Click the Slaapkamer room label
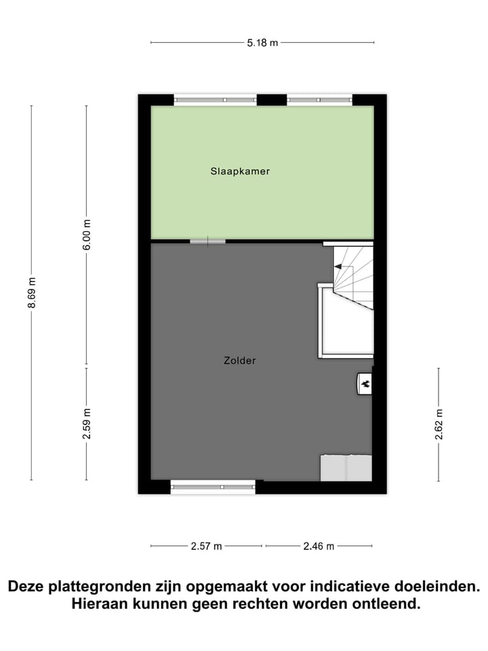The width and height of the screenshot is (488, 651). pos(240,172)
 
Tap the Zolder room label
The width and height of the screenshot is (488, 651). pos(240,361)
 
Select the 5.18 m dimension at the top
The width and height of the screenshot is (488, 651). pos(263,43)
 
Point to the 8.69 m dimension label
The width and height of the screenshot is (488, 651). pos(32,293)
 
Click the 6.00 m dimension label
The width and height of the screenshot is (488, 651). pos(87,233)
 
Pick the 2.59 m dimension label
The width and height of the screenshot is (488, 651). pos(87,424)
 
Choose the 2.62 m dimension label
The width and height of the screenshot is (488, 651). pos(439,425)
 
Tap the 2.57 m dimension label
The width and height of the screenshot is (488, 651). pos(206,546)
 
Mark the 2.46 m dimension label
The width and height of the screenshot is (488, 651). pos(319,546)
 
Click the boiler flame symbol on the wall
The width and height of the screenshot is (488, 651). pos(365,384)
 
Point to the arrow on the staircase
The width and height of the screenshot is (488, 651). pos(338,267)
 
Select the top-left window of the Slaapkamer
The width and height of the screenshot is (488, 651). pos(216,100)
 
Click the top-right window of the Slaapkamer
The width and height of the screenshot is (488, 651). pos(319,100)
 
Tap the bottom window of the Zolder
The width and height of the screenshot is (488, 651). pos(213,486)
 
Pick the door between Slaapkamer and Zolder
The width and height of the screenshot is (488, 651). pos(207,241)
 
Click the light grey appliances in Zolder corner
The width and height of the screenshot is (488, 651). pos(346,468)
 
